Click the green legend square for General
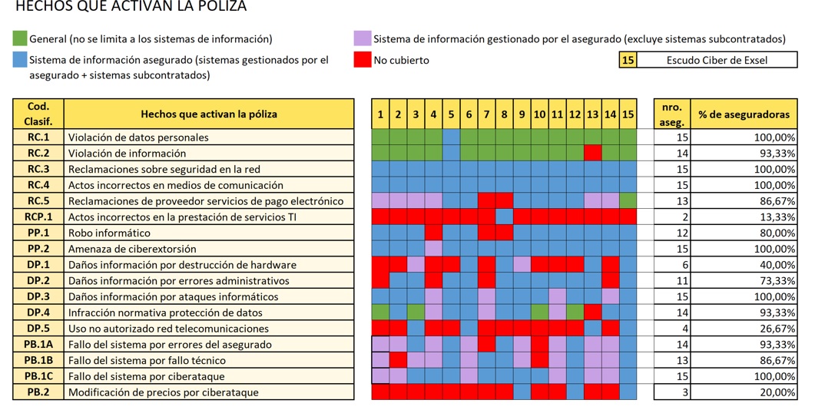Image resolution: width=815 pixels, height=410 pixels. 20,38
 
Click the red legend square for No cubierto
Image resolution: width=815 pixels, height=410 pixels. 363,60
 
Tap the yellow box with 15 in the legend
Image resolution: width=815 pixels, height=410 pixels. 628,60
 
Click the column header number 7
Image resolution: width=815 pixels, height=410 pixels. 486,114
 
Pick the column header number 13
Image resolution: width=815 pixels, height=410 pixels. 592,114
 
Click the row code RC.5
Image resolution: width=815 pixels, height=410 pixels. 38,201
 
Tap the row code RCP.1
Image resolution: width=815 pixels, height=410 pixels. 38,217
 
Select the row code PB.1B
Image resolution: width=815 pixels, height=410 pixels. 38,360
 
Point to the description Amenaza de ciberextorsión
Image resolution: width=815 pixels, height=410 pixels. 132,250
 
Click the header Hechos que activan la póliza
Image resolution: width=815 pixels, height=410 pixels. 209,114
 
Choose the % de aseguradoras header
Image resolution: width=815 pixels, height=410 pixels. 744,114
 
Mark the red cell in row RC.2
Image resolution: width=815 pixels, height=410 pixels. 592,154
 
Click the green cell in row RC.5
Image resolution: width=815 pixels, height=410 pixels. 628,201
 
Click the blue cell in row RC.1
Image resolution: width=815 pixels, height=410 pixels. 451,137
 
